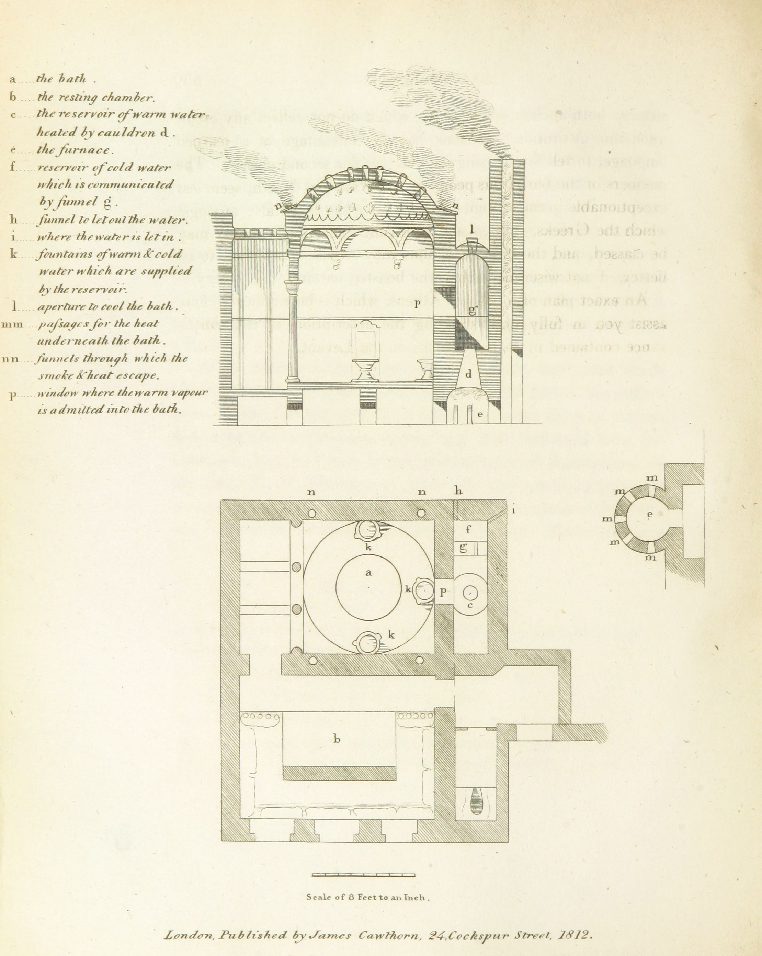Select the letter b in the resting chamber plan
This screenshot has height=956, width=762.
(337, 739)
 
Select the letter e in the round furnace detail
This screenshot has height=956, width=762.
(650, 514)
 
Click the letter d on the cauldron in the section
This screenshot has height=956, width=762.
(468, 374)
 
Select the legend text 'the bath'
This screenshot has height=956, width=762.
(61, 80)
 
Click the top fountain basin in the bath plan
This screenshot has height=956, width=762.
(367, 529)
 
